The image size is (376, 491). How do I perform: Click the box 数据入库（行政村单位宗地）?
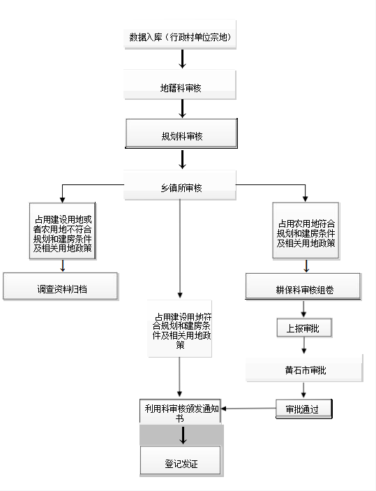coord(180,34)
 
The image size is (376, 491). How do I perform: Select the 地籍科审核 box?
coord(180,85)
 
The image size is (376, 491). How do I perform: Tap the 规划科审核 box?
coord(181,133)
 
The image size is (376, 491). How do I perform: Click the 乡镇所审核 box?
coord(180,185)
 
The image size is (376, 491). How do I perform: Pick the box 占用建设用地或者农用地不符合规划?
coord(63,231)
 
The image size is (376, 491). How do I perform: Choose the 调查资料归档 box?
coord(61,286)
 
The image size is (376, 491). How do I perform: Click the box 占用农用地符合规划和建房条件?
coord(306,230)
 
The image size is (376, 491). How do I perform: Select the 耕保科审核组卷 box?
coord(303,287)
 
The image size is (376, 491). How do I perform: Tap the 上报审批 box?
coord(304,328)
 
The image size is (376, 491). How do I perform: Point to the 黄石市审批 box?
coord(304,368)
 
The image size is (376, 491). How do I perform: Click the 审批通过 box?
coord(303,409)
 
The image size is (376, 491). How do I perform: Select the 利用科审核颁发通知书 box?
coord(180,411)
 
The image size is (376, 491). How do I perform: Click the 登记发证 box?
coord(181,461)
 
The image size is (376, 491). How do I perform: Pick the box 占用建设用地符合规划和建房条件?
coord(179,328)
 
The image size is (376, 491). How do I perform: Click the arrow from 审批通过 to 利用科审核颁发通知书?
coord(248,409)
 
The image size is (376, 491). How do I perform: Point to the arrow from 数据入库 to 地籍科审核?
coord(182,59)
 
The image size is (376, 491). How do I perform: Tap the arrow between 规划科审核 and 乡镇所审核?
coord(182,159)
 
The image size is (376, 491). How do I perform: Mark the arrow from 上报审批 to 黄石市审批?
coord(303,346)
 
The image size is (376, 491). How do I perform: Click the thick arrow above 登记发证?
coord(183,435)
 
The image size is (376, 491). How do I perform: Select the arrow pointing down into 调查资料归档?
coord(63,266)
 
